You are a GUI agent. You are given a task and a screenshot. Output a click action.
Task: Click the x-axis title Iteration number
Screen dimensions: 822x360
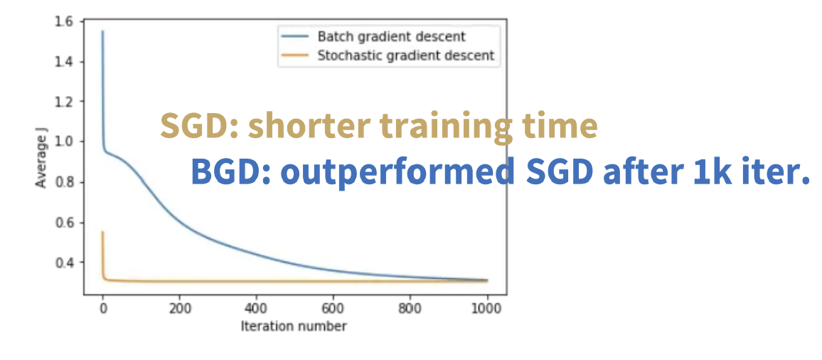[x=294, y=326]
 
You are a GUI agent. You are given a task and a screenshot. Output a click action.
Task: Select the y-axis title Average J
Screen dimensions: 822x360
[x=41, y=157]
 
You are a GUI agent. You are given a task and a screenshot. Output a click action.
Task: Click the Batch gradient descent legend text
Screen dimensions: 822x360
[x=391, y=37]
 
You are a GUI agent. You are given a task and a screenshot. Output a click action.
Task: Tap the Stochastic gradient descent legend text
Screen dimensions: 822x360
[x=406, y=55]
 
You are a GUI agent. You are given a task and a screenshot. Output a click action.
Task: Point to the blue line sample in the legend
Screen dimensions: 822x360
[x=294, y=37]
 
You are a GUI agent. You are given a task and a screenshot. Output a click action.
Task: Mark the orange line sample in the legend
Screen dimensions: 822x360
[x=294, y=55]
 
